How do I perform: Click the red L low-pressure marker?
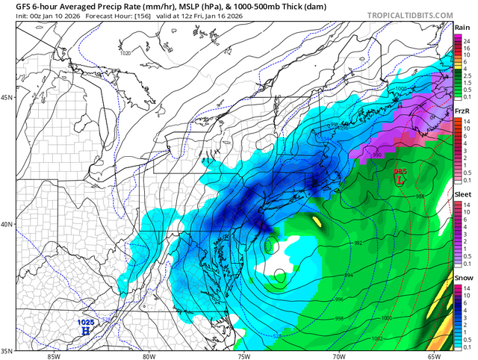[400, 179]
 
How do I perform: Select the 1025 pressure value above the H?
[87, 321]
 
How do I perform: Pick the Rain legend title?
[462, 28]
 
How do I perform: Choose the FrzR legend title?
[462, 111]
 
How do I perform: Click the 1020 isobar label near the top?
[125, 53]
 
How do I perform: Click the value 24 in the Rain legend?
[467, 42]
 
